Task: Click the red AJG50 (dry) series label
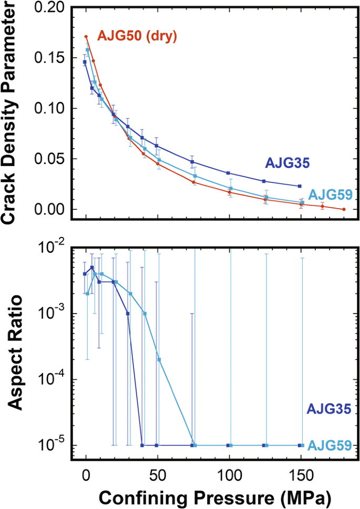[137, 37]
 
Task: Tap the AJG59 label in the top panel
[330, 194]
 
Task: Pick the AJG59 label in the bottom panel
[329, 445]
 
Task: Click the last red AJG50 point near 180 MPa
[344, 209]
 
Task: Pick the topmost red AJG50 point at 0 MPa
[86, 37]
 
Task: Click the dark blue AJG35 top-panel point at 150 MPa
[300, 186]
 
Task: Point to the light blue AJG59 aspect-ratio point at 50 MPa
[159, 360]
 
